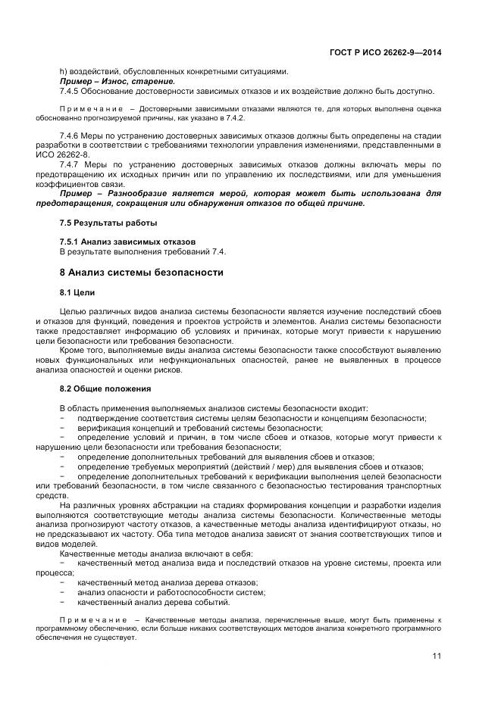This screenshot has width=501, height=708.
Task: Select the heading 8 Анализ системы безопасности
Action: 141,272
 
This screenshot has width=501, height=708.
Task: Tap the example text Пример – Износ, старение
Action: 117,81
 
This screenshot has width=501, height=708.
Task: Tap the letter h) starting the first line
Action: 63,71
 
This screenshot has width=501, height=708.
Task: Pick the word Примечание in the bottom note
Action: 91,619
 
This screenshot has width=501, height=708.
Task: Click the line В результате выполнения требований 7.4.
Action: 142,251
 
